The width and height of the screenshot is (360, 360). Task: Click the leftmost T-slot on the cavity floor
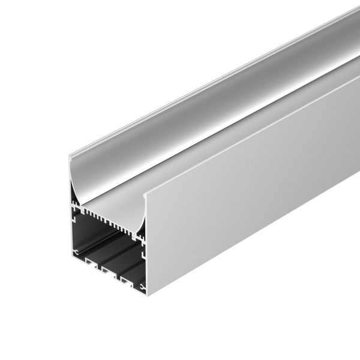[x=90, y=263]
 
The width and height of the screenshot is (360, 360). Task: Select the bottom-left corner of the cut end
[x=69, y=257]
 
